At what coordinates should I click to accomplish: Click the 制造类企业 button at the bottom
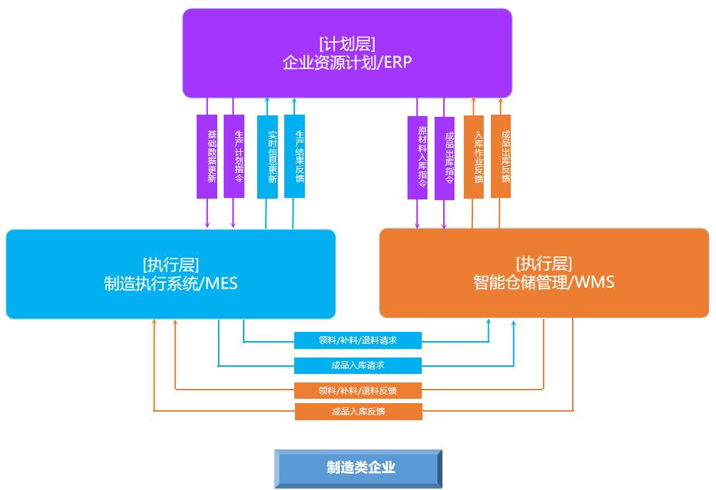358,468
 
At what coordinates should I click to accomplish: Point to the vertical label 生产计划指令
234,156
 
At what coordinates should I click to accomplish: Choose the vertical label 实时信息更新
267,156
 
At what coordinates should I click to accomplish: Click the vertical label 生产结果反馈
294,156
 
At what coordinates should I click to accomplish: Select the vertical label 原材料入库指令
417,157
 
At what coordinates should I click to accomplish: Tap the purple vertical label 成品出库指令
445,157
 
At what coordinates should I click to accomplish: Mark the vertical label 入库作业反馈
473,157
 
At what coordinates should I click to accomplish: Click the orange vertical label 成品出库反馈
500,156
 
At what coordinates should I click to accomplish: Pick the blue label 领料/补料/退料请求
358,340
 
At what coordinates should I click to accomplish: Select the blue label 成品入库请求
358,365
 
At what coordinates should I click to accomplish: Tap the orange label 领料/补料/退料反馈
358,390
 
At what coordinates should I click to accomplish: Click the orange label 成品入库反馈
358,412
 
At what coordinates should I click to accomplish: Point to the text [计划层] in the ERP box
347,43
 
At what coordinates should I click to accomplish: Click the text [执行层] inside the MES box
170,264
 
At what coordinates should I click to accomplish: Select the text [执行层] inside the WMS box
544,264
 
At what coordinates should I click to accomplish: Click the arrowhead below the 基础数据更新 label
207,224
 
